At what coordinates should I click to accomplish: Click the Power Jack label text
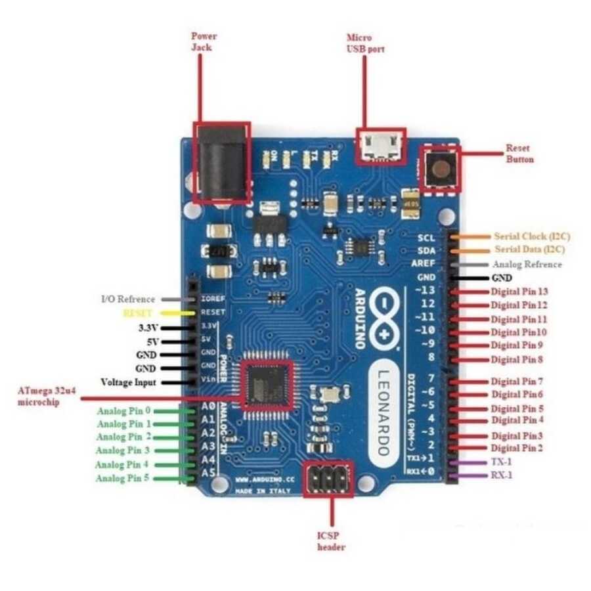click(x=204, y=41)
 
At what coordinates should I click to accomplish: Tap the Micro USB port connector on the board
click(x=380, y=144)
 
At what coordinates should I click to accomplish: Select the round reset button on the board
click(x=440, y=169)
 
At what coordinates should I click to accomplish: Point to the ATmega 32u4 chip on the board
click(x=266, y=385)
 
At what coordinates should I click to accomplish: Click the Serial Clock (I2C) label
click(x=529, y=236)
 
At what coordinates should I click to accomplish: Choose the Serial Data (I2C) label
click(x=529, y=250)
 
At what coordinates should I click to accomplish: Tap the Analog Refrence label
click(x=527, y=264)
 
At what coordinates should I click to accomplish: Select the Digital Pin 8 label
click(x=517, y=359)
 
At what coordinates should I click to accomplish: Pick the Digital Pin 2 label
click(x=517, y=448)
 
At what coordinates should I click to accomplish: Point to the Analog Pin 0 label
click(x=124, y=412)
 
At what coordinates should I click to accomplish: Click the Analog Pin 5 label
click(x=123, y=478)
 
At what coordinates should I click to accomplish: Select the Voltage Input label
click(x=128, y=382)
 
